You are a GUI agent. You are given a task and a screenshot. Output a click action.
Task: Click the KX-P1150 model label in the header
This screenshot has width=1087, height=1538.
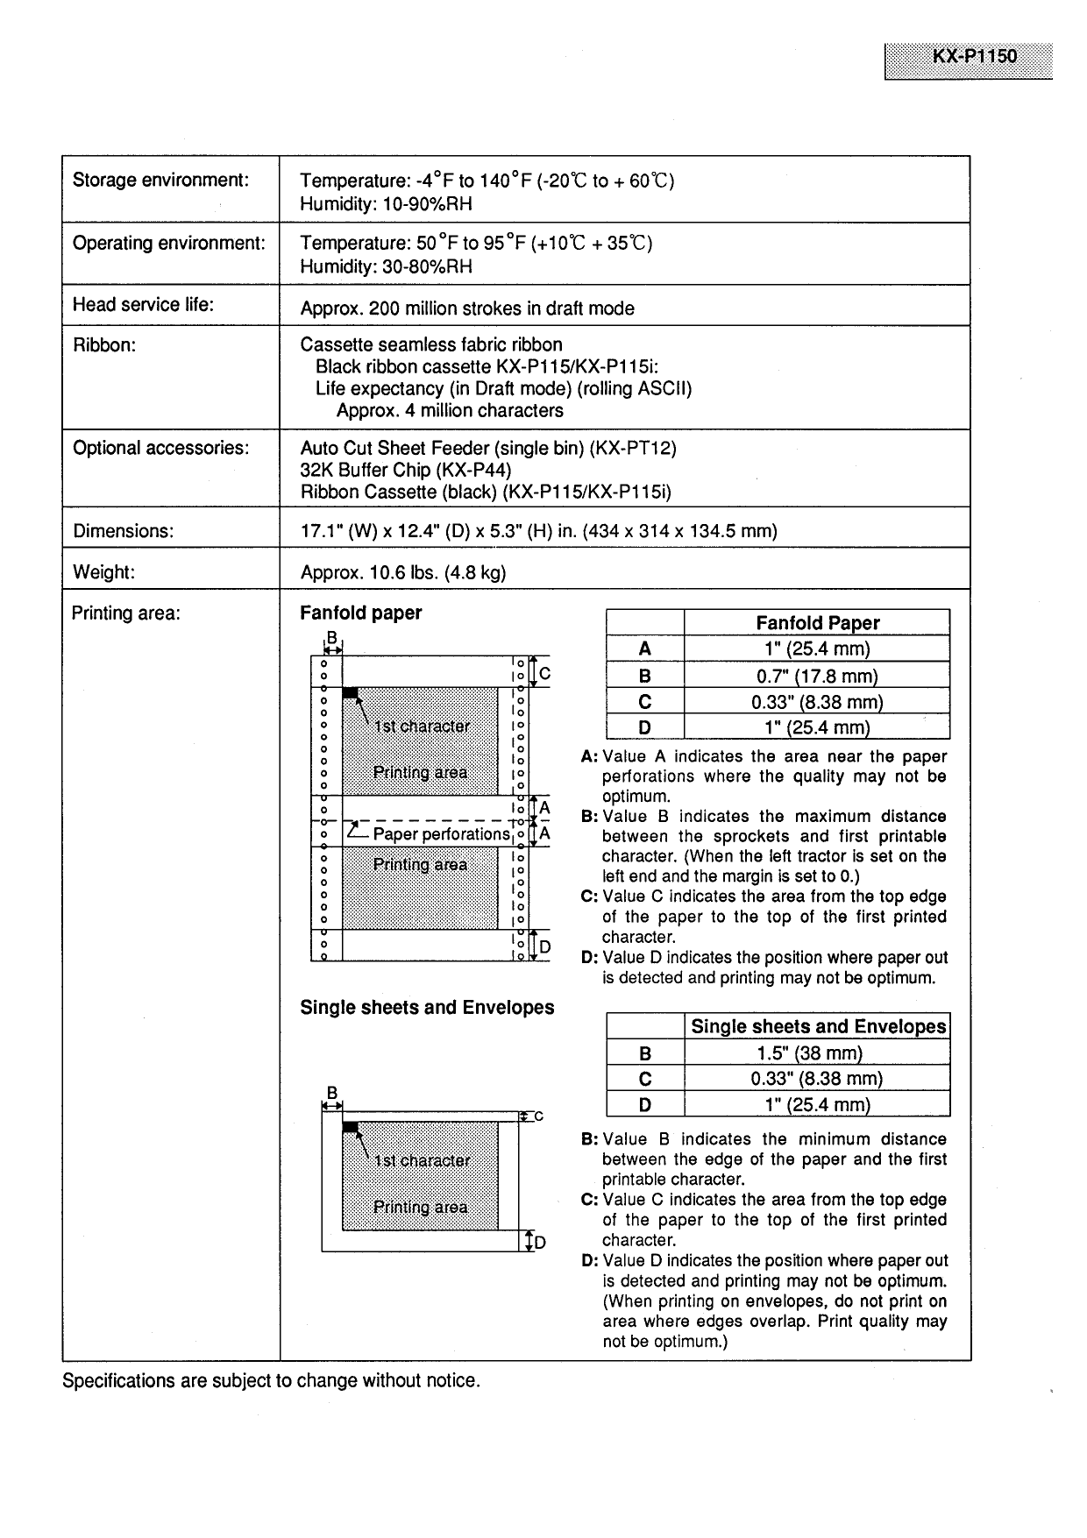click(x=974, y=56)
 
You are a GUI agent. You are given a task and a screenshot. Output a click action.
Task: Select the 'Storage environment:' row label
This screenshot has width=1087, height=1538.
click(x=160, y=181)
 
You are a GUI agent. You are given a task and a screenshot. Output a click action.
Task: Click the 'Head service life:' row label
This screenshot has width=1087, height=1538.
click(x=143, y=305)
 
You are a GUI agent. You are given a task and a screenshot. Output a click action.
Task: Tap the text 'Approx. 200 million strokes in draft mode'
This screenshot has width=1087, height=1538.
click(x=467, y=308)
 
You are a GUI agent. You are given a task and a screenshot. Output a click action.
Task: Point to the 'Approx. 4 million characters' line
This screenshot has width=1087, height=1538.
click(x=450, y=411)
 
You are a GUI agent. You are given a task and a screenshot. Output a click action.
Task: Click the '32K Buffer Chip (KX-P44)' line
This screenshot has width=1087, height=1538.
click(x=406, y=470)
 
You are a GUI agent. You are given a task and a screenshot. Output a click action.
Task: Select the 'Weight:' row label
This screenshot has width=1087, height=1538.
click(x=103, y=572)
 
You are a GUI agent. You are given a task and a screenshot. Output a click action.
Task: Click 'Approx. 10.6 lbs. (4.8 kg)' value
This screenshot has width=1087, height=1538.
click(x=403, y=573)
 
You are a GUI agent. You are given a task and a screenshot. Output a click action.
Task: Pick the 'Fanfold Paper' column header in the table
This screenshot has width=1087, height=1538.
click(x=817, y=623)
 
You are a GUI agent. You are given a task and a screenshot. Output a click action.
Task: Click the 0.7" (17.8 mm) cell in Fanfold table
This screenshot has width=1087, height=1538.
click(x=817, y=676)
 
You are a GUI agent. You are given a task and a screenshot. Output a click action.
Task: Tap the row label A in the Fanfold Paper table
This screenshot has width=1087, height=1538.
click(x=645, y=649)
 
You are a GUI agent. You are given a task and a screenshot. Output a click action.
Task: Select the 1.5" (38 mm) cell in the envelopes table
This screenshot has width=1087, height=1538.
click(x=817, y=1053)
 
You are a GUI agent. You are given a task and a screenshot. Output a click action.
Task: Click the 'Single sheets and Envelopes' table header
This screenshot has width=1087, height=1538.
click(x=818, y=1027)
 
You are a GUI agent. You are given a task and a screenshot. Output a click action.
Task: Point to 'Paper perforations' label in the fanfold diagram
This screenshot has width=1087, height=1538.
click(x=440, y=834)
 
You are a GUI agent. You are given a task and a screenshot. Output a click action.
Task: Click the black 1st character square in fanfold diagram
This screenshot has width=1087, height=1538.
click(x=350, y=693)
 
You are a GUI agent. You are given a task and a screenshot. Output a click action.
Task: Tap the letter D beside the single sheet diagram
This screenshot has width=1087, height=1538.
click(x=540, y=1243)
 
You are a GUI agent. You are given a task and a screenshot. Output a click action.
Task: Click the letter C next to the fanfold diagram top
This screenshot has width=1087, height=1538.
click(x=544, y=674)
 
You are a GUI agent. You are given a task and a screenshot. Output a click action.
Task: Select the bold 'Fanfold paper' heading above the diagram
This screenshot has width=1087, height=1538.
click(x=360, y=613)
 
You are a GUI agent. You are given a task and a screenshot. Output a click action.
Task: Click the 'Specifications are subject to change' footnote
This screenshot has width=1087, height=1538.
click(x=271, y=1381)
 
